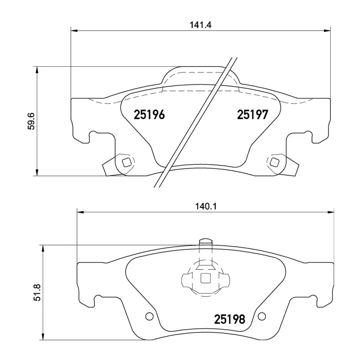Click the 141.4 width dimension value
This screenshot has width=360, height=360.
(x=200, y=25)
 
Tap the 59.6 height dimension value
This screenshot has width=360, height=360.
(x=31, y=121)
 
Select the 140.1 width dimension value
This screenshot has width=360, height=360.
(x=206, y=206)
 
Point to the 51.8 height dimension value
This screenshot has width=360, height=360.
(x=37, y=292)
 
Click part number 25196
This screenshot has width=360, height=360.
(x=149, y=115)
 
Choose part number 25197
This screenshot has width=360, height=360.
(x=252, y=115)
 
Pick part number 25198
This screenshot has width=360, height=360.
(x=229, y=319)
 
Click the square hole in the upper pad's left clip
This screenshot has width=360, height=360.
(x=127, y=163)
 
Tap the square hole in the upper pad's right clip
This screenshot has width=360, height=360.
(x=274, y=163)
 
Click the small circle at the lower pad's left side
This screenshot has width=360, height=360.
(x=149, y=316)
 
